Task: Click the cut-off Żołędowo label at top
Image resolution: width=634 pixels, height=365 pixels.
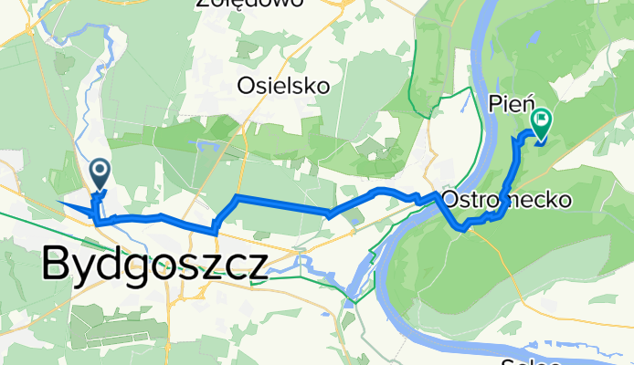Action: (x=237, y=4)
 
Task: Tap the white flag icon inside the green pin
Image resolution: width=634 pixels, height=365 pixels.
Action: (x=542, y=118)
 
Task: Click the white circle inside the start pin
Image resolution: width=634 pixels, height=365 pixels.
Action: (x=99, y=169)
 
